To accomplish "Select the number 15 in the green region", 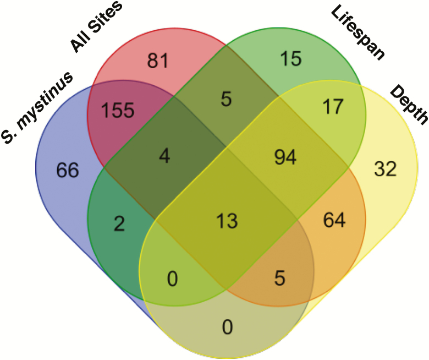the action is click(x=290, y=58).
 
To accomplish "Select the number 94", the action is click(x=285, y=158).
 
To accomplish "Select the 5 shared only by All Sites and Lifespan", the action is click(x=226, y=101).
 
